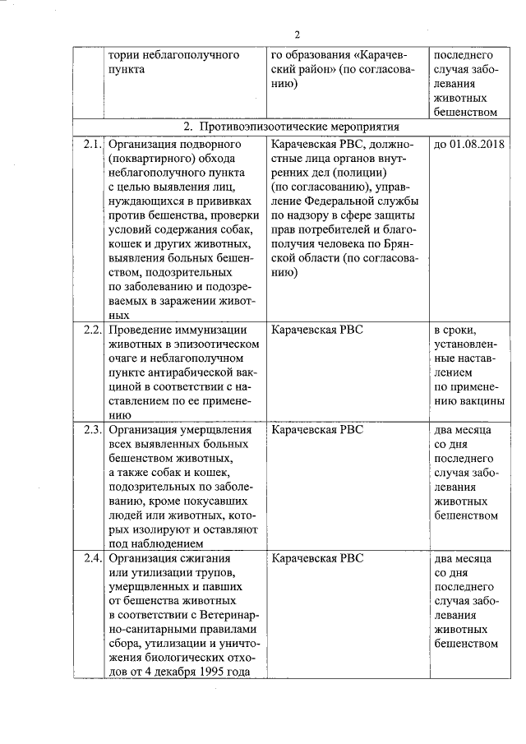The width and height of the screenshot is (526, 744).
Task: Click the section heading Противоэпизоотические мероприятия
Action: tap(292, 127)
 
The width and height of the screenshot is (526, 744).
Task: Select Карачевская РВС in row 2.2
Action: tap(316, 330)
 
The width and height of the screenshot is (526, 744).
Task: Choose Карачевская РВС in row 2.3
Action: tap(316, 429)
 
